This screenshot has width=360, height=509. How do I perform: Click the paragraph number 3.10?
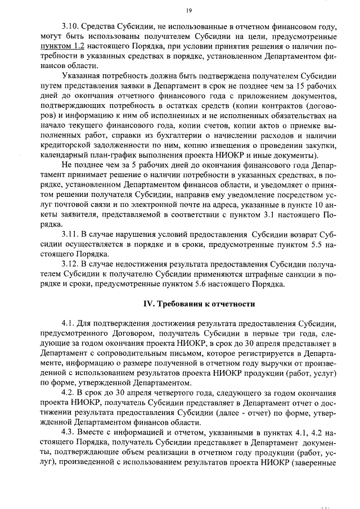[70, 28]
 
